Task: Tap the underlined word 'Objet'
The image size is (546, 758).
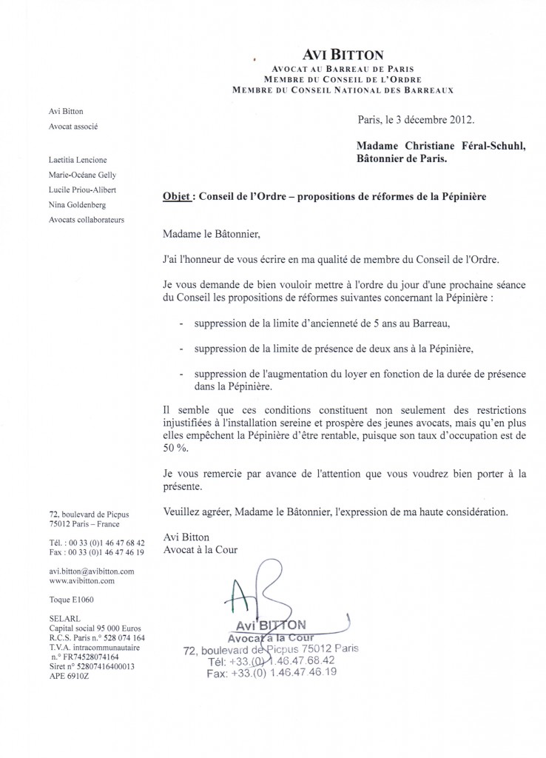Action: tap(175, 198)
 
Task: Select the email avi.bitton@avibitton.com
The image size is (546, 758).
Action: tap(91, 571)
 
